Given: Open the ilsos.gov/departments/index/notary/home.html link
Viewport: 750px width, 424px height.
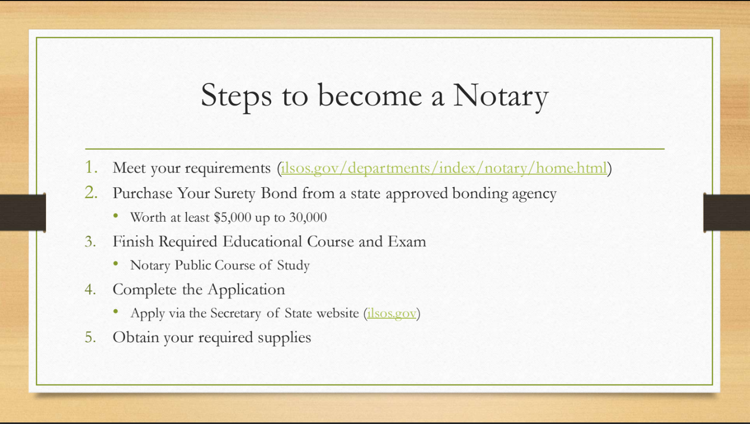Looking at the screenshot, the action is (x=444, y=168).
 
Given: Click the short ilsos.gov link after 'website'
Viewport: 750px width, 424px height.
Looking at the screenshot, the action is (x=391, y=313).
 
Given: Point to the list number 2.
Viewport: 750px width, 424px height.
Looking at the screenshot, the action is (x=91, y=192).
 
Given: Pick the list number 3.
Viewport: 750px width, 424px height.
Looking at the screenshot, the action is (x=90, y=241).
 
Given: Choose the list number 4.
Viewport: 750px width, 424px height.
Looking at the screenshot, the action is (x=90, y=289).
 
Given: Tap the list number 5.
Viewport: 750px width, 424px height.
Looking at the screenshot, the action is (x=90, y=337).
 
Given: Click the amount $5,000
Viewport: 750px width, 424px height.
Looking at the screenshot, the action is (x=233, y=217).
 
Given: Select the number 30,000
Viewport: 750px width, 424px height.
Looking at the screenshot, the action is (x=308, y=217).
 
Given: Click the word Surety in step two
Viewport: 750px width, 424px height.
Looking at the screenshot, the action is (x=235, y=193).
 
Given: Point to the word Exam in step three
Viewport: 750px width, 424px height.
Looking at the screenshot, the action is (x=407, y=241).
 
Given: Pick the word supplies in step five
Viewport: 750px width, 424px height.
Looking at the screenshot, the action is (x=284, y=337).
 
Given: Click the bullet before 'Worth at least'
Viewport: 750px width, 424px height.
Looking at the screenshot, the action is (x=116, y=216).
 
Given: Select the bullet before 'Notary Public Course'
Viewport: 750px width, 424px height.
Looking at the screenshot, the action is (x=116, y=263).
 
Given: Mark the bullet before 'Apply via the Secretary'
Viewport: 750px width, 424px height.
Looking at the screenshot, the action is (x=116, y=311).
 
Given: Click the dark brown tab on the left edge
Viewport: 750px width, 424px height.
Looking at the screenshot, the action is (x=23, y=212).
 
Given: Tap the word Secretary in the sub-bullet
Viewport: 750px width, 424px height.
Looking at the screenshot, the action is (x=236, y=313).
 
